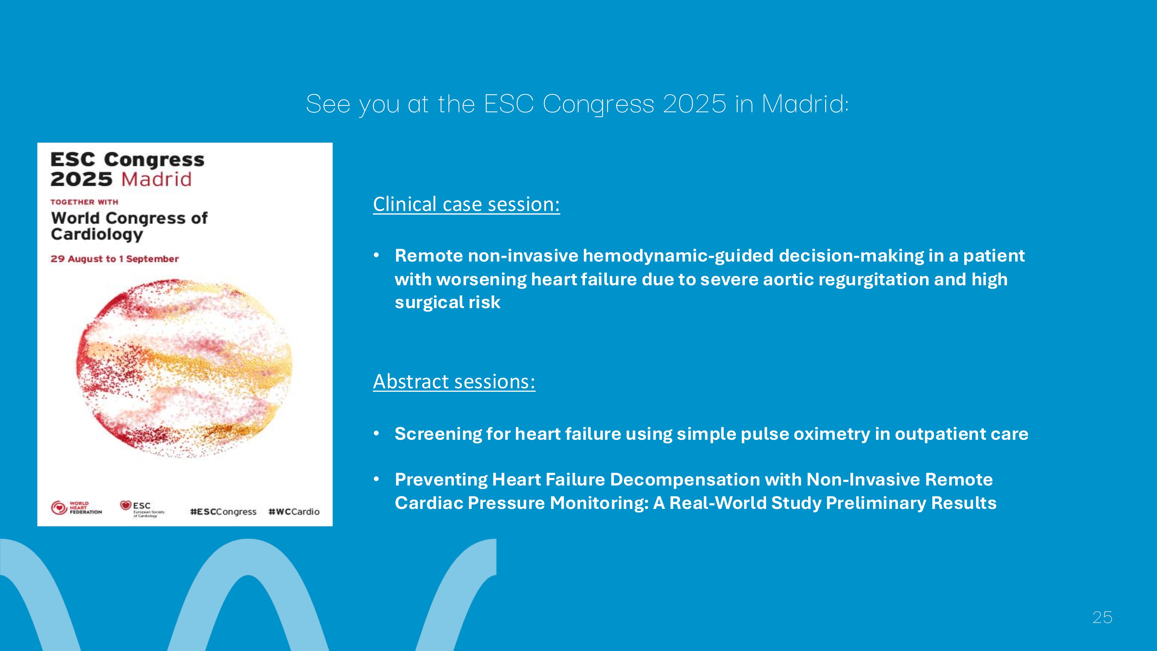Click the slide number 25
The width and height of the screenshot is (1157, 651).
(x=1102, y=618)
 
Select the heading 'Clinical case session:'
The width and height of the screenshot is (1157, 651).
(x=466, y=205)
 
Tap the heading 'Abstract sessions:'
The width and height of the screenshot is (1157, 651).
(x=454, y=381)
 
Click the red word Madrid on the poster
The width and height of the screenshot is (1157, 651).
(x=156, y=179)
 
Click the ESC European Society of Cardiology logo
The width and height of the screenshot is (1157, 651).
(x=142, y=509)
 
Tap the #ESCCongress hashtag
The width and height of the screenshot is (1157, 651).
(x=223, y=512)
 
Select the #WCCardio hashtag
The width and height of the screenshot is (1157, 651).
(x=294, y=512)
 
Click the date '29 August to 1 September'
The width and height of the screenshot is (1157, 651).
(x=115, y=259)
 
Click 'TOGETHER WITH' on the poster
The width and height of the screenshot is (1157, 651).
(x=84, y=202)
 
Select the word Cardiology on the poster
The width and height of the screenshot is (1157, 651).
(x=97, y=235)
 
